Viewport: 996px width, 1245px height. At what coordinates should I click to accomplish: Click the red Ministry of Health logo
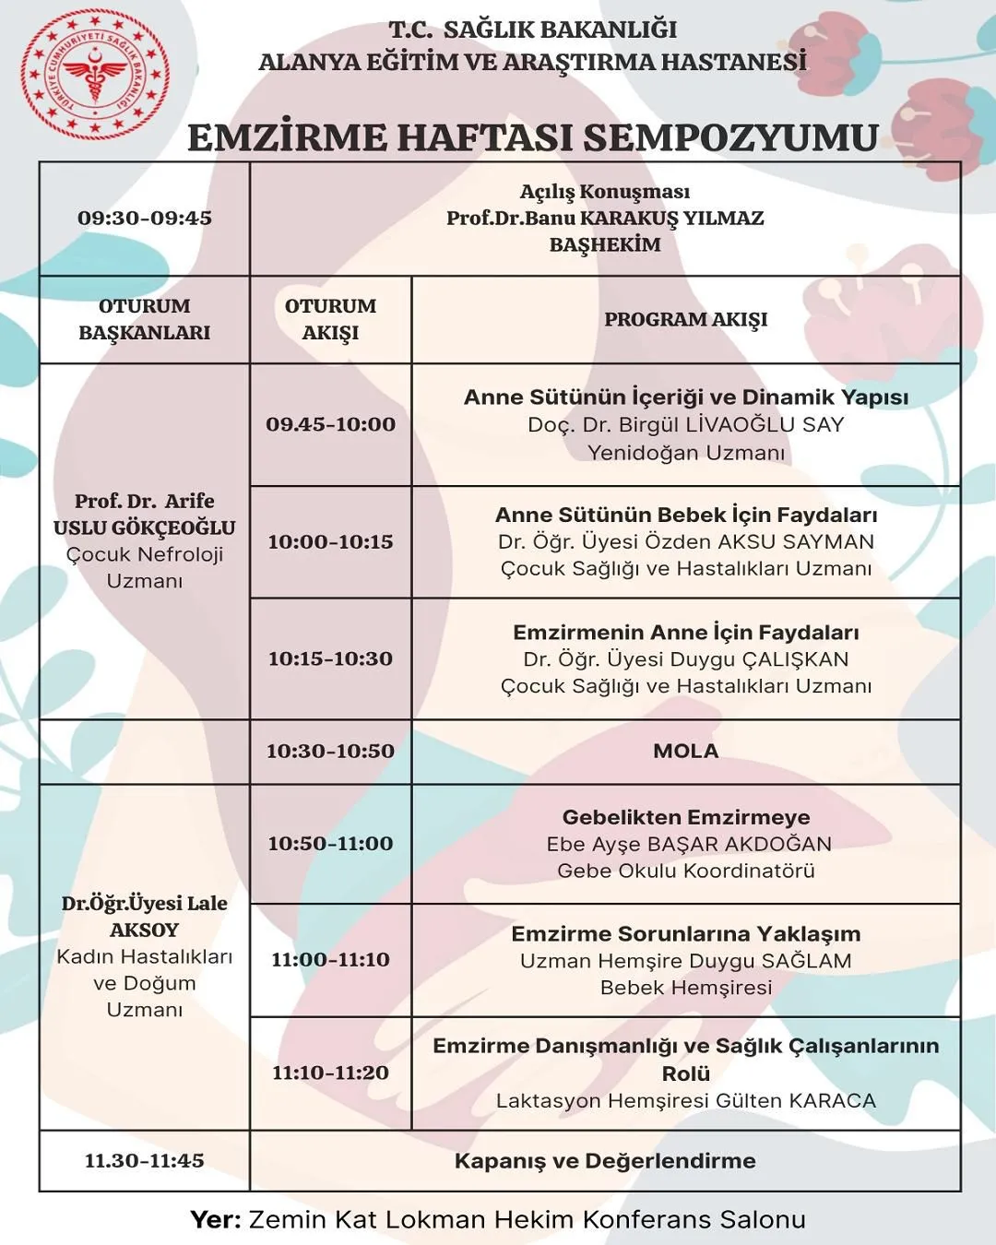click(x=95, y=74)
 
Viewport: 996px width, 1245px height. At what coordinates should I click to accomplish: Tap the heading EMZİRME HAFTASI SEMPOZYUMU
click(x=532, y=137)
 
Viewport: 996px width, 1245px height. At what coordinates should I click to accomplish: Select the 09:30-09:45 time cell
click(x=145, y=219)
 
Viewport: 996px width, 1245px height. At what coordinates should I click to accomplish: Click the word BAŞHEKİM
click(x=605, y=245)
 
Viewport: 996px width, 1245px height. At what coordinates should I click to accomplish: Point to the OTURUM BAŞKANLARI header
click(x=145, y=319)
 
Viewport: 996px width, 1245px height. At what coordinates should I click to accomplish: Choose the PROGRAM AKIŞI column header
click(x=685, y=319)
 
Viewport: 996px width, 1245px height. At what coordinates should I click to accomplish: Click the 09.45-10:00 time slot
click(x=330, y=424)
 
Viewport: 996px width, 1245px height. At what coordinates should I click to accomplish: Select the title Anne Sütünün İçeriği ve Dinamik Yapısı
click(x=685, y=397)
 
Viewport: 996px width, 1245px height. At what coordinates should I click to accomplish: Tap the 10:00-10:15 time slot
click(x=330, y=542)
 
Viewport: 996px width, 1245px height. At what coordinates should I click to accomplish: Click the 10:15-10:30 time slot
click(x=330, y=658)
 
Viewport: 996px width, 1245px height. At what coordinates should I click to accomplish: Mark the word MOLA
click(x=685, y=751)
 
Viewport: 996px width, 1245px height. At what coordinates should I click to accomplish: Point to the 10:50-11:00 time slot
click(x=330, y=843)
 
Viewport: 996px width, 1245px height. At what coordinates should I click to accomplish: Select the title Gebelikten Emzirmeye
click(x=685, y=817)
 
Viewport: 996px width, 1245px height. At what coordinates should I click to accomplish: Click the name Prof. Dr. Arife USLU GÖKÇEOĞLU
click(x=145, y=515)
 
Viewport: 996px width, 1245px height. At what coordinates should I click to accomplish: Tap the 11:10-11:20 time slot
click(x=330, y=1073)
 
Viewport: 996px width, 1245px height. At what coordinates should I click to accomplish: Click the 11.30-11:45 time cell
click(x=145, y=1160)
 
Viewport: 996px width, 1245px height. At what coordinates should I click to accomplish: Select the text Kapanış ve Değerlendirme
click(x=605, y=1161)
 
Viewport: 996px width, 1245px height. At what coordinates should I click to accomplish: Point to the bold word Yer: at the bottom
click(x=216, y=1219)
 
